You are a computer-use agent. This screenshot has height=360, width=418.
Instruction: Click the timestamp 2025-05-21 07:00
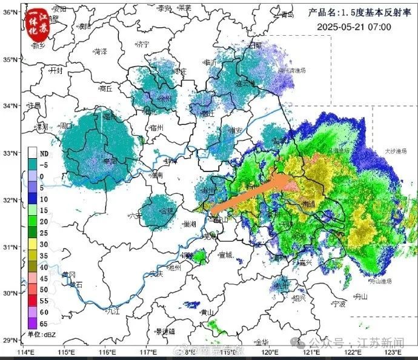[x=354, y=27]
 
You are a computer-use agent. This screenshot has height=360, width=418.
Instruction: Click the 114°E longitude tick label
[x=25, y=352]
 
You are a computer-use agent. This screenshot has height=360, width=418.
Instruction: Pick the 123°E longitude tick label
[x=393, y=352]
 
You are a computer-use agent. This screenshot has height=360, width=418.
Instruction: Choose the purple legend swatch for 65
[x=33, y=324]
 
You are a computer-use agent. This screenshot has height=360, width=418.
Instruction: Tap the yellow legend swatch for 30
[x=33, y=244]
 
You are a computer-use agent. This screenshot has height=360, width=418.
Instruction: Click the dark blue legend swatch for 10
[x=33, y=199]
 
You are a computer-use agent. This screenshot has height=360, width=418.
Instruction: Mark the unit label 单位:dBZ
[x=41, y=335]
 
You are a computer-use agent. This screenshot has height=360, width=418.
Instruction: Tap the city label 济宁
[x=143, y=44]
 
